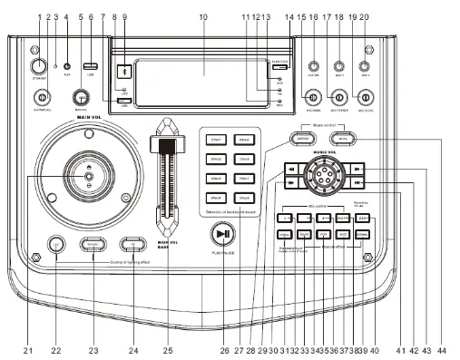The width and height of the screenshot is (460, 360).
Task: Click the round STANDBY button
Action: (x=39, y=68)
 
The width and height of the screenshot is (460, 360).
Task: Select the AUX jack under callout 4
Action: (x=68, y=66)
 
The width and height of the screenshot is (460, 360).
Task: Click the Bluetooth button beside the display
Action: (x=124, y=73)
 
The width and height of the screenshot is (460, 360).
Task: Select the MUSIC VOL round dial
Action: (x=325, y=173)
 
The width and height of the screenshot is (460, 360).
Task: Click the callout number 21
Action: (x=27, y=348)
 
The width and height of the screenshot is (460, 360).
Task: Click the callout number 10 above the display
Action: (x=202, y=17)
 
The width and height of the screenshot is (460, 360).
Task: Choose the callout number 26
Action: (x=224, y=348)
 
